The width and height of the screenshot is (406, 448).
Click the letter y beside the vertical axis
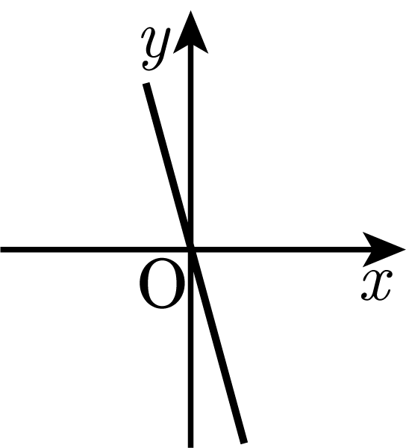[x=156, y=49]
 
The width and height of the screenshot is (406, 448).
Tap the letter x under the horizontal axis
[x=377, y=286]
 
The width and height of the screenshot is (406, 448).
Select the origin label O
[x=162, y=283]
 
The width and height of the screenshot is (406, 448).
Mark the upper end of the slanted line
[x=146, y=84]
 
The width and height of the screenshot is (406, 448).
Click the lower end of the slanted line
[x=244, y=443]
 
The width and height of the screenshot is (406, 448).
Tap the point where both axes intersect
[x=191, y=249]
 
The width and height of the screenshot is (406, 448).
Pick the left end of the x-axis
[x=1, y=249]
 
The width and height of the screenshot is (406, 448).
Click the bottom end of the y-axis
[x=191, y=447]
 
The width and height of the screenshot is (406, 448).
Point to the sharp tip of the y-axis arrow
[x=191, y=11]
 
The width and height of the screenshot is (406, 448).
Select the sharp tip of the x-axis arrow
[x=405, y=249]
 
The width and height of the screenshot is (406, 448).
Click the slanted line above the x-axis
[x=168, y=166]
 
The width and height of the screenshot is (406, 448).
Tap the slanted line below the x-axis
[x=217, y=346]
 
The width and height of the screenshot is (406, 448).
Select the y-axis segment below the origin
[x=191, y=349]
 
